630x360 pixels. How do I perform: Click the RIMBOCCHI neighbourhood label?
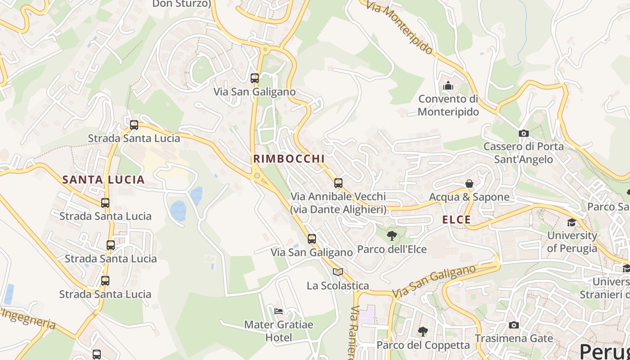(288, 159)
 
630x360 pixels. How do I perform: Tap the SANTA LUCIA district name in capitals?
(103, 180)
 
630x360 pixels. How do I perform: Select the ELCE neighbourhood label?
(457, 220)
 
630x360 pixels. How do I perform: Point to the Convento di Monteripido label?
(448, 105)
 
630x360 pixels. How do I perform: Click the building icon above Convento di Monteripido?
(448, 85)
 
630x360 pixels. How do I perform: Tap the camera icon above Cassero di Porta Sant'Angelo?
(523, 133)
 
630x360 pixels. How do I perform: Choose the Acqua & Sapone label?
(469, 197)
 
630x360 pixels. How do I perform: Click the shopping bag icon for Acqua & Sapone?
(469, 184)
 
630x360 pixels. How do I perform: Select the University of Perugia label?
(572, 242)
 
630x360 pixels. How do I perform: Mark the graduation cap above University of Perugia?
(571, 222)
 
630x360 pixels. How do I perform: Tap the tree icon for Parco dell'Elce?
(392, 235)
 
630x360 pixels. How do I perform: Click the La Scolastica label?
(337, 286)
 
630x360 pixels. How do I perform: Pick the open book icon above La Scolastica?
(338, 272)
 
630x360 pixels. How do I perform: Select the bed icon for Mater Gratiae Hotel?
(279, 311)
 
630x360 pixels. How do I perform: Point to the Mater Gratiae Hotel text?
(279, 331)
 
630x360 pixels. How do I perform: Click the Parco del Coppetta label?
(423, 345)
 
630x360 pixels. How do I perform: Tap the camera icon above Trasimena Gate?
(513, 325)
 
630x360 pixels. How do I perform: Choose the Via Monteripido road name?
(399, 27)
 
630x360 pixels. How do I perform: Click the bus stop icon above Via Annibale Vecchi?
(338, 183)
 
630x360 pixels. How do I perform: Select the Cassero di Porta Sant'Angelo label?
(523, 153)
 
